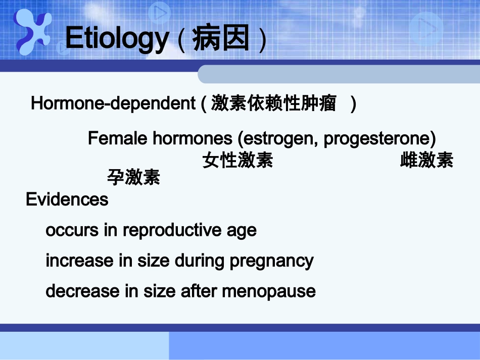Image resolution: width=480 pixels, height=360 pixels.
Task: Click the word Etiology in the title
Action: (116, 38)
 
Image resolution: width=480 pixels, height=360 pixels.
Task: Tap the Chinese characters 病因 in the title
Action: (221, 39)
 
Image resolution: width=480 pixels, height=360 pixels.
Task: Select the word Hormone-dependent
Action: (113, 104)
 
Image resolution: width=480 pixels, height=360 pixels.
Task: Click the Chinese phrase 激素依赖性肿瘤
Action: (273, 104)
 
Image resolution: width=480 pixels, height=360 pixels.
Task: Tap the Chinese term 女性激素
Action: (237, 161)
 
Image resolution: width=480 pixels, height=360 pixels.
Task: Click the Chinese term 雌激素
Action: (426, 161)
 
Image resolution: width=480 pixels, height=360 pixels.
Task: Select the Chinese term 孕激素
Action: (133, 177)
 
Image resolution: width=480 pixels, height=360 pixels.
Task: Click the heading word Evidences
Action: (67, 199)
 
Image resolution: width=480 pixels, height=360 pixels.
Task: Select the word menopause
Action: (269, 291)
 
